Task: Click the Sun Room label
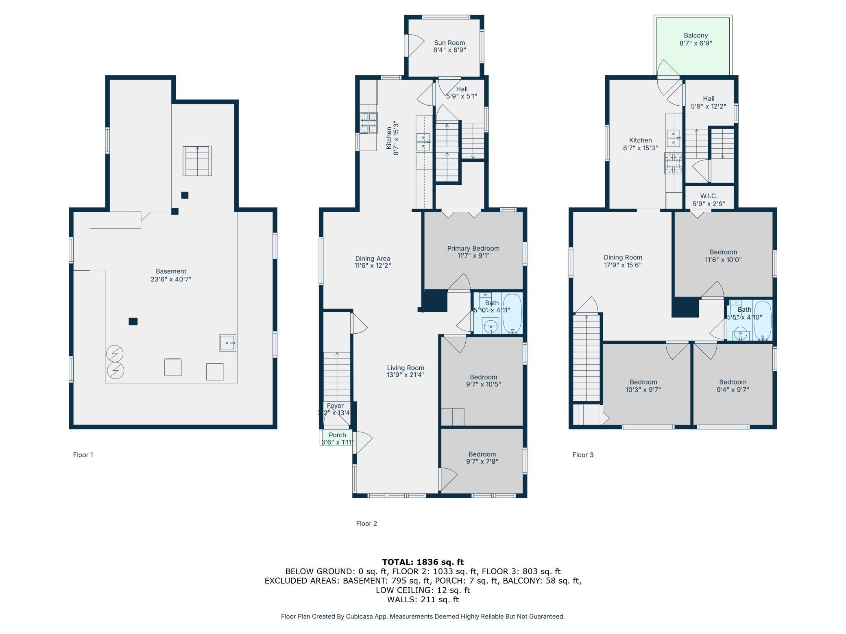449,43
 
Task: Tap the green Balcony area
693,46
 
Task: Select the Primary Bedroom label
473,248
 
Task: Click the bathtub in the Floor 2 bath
512,313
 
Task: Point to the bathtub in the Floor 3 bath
763,321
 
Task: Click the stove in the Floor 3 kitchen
673,163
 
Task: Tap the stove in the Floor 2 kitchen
368,123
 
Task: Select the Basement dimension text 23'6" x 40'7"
171,279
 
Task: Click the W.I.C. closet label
709,196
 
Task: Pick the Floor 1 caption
83,455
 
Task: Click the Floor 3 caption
583,455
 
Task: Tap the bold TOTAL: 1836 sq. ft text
423,562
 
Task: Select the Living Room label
406,368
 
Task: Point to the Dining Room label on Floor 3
623,257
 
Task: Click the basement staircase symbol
197,161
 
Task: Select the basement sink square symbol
227,343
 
